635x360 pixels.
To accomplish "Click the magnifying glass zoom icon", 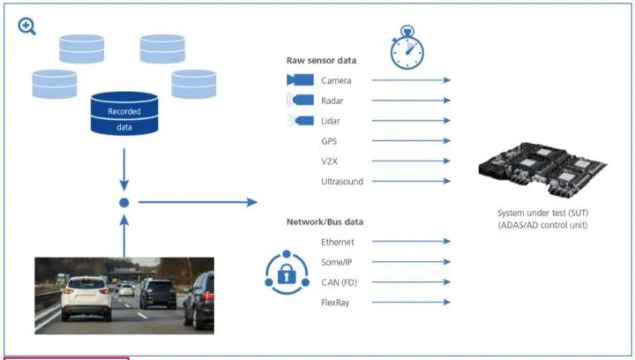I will (x=27, y=26).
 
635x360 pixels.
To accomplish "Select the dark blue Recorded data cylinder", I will (x=123, y=117).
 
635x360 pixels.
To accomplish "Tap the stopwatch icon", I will (x=407, y=48).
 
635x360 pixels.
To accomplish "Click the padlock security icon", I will (x=287, y=273).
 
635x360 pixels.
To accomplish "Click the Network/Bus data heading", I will (x=325, y=221).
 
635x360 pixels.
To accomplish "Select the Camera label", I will (x=336, y=80).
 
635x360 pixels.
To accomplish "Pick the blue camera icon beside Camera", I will (x=299, y=80).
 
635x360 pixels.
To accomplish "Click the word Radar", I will (x=332, y=101).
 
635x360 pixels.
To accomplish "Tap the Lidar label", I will (x=331, y=121).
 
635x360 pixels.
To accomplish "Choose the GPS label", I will (x=330, y=141).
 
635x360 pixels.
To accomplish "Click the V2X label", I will (x=330, y=161).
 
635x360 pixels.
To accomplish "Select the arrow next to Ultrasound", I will (x=411, y=182).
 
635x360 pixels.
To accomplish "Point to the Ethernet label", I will (x=338, y=241).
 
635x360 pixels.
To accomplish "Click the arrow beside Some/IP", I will (x=411, y=261).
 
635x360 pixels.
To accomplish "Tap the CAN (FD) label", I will (x=339, y=281).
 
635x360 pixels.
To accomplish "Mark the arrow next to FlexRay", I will (x=411, y=302).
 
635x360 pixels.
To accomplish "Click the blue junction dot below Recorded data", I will (x=124, y=203).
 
